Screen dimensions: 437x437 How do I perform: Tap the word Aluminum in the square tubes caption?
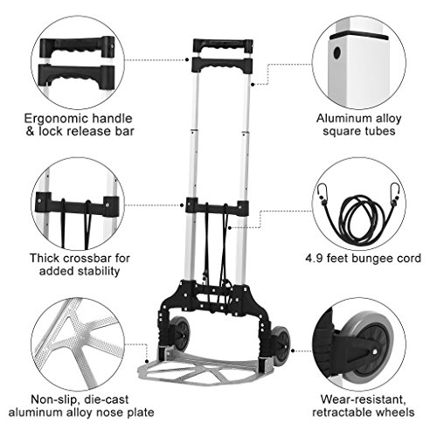coord(339,119)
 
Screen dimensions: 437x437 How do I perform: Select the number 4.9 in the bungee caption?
coord(314,259)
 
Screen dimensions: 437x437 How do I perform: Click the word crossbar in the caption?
coord(87,258)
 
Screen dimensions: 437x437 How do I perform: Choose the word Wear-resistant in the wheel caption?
coord(363,399)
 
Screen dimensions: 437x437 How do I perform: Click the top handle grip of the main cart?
coord(223,45)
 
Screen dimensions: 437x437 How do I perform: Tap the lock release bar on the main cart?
coord(222,66)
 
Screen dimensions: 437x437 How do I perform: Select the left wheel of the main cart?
coord(180,333)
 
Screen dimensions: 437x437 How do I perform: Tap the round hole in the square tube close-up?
coord(337,52)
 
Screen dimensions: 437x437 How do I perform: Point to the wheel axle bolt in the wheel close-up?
coord(375,351)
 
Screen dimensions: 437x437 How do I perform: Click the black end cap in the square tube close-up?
coord(359,37)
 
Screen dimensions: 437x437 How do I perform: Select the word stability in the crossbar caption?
coord(99,271)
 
